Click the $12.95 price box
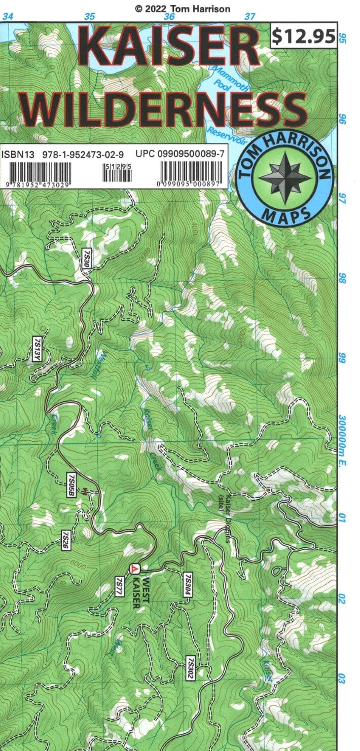[x=303, y=36]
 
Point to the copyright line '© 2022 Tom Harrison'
[x=182, y=9]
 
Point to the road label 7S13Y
[x=37, y=349]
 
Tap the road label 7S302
[x=191, y=666]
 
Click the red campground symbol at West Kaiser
[x=134, y=569]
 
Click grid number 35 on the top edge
[x=89, y=16]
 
